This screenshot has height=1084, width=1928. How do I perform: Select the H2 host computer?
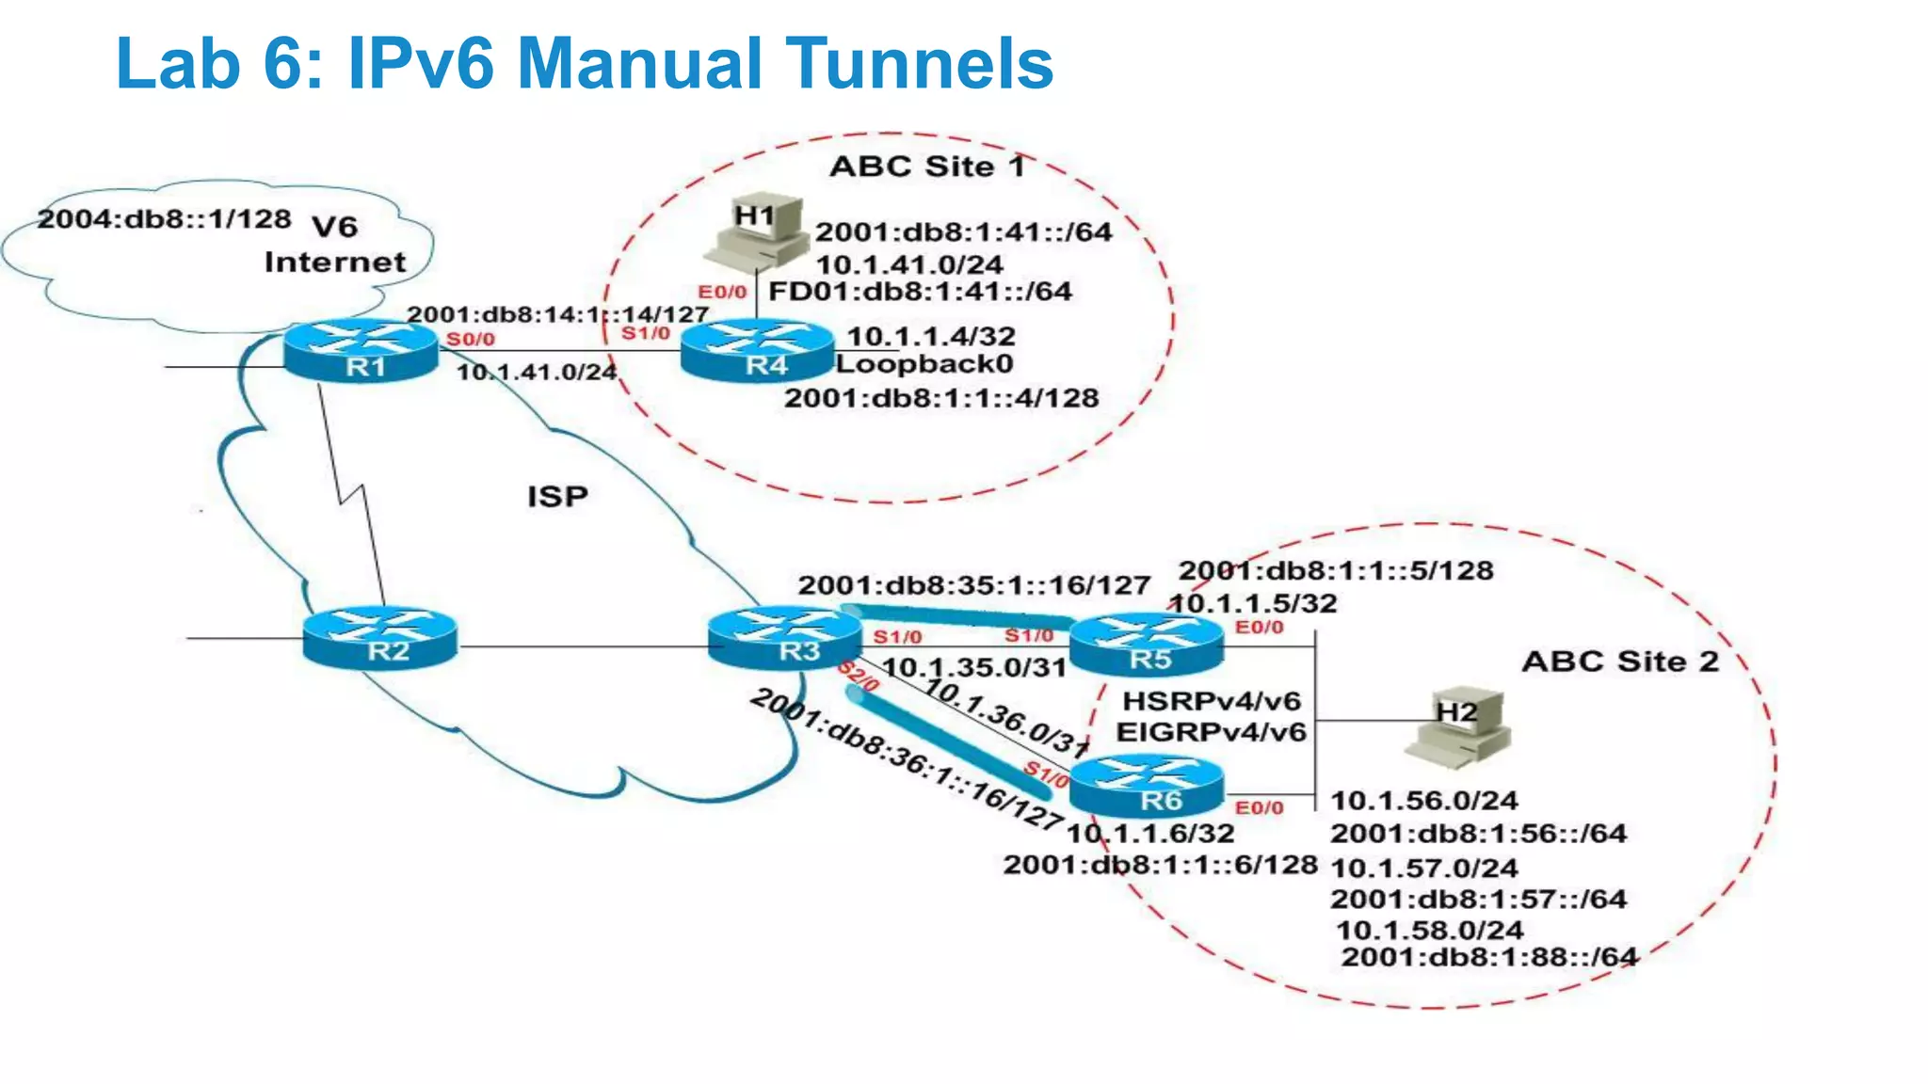1457,726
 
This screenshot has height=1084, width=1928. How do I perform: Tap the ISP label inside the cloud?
557,496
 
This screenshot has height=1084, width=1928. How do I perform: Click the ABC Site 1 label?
926,167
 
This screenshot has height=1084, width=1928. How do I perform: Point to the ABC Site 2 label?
1620,662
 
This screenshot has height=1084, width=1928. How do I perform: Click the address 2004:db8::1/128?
165,218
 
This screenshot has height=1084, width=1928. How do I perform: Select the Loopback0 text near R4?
924,364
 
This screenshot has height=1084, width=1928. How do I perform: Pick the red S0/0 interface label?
471,339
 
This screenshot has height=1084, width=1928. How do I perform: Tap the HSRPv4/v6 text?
1212,701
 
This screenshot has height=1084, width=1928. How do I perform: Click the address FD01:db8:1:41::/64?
920,291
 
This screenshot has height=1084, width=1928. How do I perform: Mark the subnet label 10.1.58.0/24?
1429,930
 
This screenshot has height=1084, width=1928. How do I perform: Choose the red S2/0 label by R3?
858,676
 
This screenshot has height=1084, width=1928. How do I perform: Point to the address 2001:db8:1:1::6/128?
1160,865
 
